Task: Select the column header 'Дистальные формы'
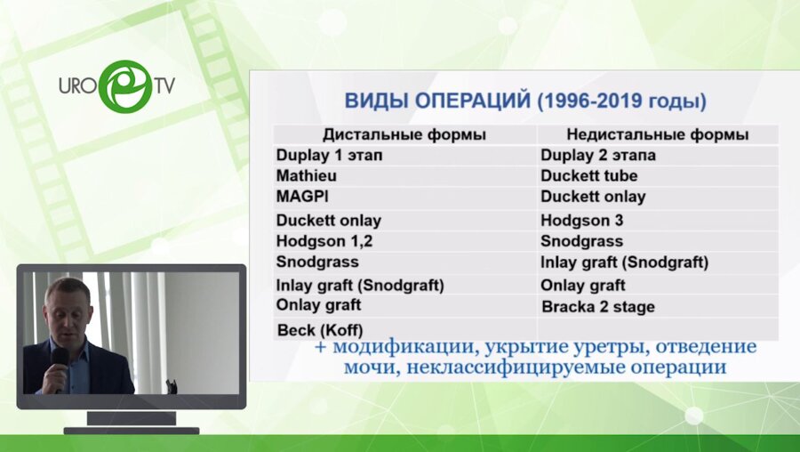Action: pyautogui.click(x=404, y=134)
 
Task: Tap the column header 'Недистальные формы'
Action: pyautogui.click(x=657, y=134)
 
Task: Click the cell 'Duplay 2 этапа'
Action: pyautogui.click(x=597, y=155)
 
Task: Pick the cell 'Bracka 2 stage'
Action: pyautogui.click(x=597, y=307)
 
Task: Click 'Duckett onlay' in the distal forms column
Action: pyautogui.click(x=328, y=220)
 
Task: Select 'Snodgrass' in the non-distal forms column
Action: pyautogui.click(x=581, y=241)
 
